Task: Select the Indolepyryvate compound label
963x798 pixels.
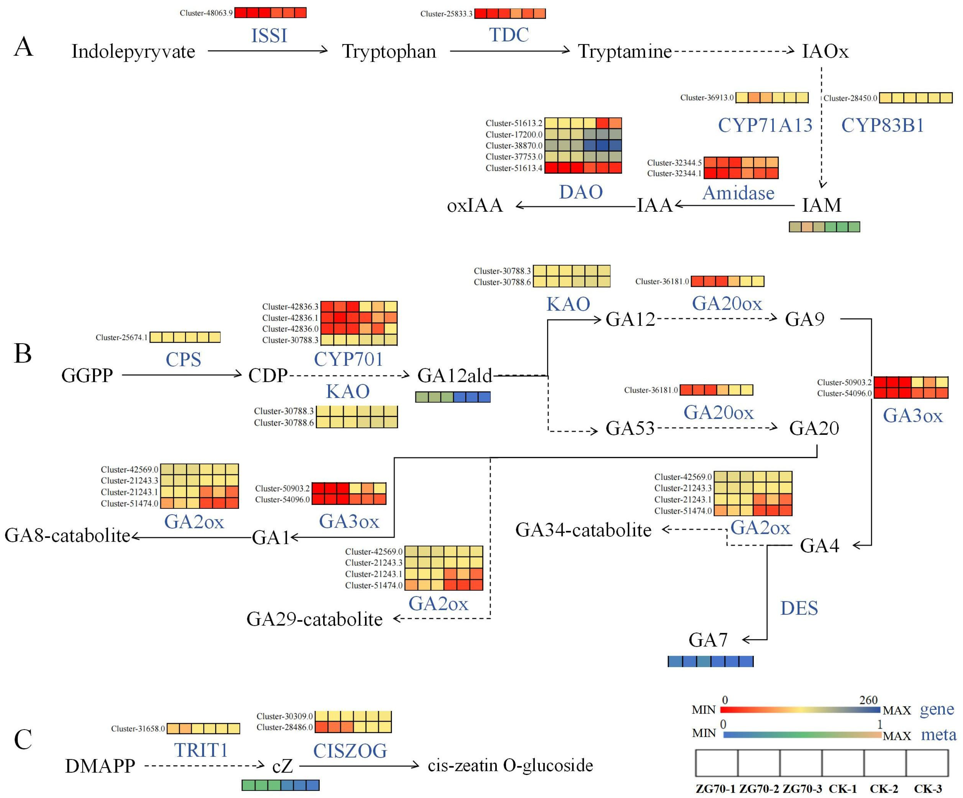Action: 133,51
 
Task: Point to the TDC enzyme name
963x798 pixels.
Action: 509,35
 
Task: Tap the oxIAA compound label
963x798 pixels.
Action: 475,205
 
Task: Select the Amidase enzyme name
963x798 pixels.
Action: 738,193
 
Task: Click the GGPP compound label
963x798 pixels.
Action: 87,375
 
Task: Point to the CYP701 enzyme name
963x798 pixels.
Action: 349,359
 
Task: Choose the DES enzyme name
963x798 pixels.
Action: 799,608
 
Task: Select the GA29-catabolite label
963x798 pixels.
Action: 315,619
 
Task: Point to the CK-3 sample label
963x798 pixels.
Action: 928,789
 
